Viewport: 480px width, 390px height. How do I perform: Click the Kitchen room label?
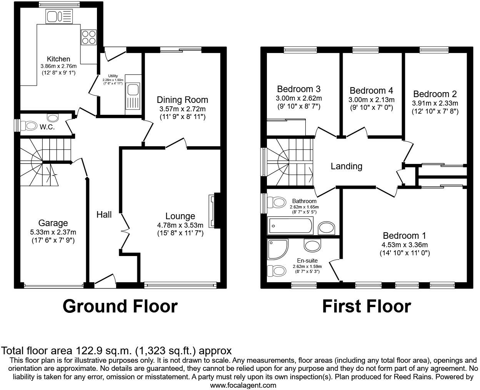(58, 59)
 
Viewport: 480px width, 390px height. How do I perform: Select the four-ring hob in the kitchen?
(89, 37)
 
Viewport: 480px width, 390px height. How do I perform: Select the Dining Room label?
(182, 100)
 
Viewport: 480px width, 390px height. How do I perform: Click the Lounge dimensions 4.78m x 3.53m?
(180, 225)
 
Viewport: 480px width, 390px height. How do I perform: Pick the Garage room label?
(53, 223)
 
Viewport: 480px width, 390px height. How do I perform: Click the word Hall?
(104, 215)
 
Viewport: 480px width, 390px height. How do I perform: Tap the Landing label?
(347, 166)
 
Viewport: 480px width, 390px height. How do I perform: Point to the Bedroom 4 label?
(371, 91)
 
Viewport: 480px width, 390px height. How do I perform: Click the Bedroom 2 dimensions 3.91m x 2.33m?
(435, 103)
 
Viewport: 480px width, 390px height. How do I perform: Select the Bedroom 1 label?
(404, 236)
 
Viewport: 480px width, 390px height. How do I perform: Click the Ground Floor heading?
(120, 306)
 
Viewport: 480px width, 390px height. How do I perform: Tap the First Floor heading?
(366, 306)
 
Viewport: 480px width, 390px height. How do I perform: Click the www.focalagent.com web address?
(243, 385)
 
